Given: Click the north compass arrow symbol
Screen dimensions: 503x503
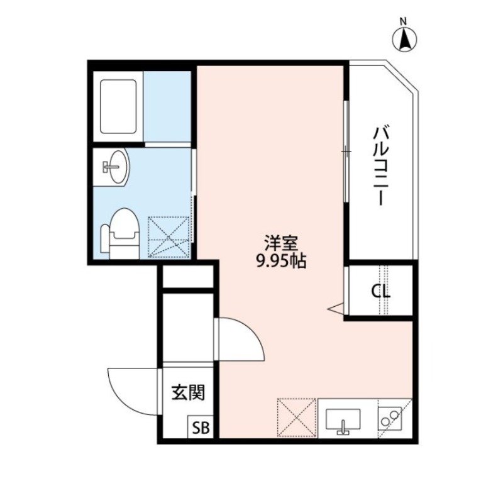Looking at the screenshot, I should (x=405, y=40).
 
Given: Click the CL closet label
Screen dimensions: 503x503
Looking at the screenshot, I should (x=380, y=292).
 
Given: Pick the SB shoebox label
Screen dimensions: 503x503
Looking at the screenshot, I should (x=201, y=428).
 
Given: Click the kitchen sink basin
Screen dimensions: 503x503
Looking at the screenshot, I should (x=342, y=419).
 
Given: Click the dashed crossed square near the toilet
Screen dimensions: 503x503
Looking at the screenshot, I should (x=169, y=236).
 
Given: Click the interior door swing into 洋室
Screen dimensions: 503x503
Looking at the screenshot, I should (x=242, y=340).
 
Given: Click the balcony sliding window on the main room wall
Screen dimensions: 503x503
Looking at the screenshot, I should (x=345, y=151).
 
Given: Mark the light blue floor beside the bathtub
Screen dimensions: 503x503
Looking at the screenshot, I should (x=167, y=106).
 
